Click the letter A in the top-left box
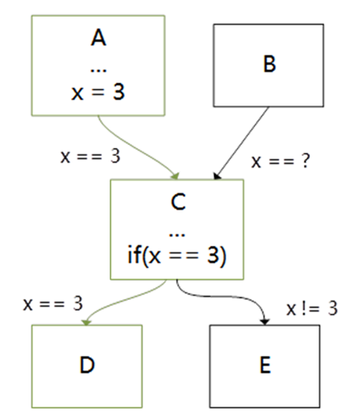pos(98,38)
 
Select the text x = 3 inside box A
pos(98,92)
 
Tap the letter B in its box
pos(270,64)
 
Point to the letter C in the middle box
pos(178,202)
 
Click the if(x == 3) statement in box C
pos(177,255)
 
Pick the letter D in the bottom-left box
pos(87,365)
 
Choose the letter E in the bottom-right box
pos(265,365)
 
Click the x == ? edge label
pos(281,161)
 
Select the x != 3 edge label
pos(312,309)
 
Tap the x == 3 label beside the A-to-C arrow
pos(90,156)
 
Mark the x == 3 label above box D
pos(53,303)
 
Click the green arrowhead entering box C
pos(175,176)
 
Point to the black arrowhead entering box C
pos(217,176)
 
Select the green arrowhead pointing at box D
pos(86,322)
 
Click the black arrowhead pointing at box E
pos(265,322)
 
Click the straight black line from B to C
pos(242,142)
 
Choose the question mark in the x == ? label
pos(305,161)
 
